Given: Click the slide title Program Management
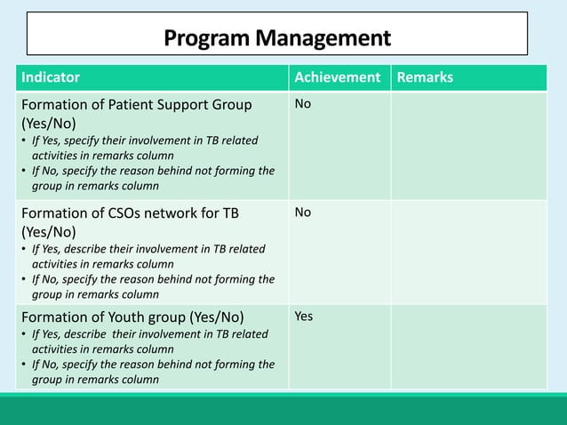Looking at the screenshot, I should click(x=277, y=38).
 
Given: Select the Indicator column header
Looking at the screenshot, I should click(x=51, y=77).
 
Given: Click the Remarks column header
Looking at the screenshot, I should click(x=425, y=77).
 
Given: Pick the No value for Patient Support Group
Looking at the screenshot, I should click(x=303, y=105).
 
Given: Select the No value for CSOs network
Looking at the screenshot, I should click(x=303, y=212).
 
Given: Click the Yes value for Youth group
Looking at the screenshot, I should click(x=304, y=317).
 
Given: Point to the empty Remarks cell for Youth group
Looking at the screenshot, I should click(x=468, y=347).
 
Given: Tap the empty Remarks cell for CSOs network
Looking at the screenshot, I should click(x=468, y=251).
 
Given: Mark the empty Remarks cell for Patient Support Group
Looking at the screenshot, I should click(x=468, y=145).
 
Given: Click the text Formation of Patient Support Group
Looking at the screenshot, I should click(x=136, y=105).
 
